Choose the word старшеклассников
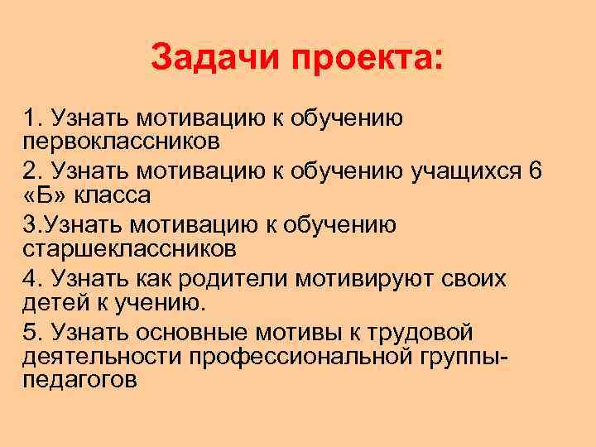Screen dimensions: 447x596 (x=130, y=248)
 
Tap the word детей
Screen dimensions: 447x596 (x=54, y=303)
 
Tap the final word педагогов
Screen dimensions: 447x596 (x=79, y=380)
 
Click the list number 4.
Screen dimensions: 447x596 (x=30, y=279)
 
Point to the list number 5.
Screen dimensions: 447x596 (x=30, y=333)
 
